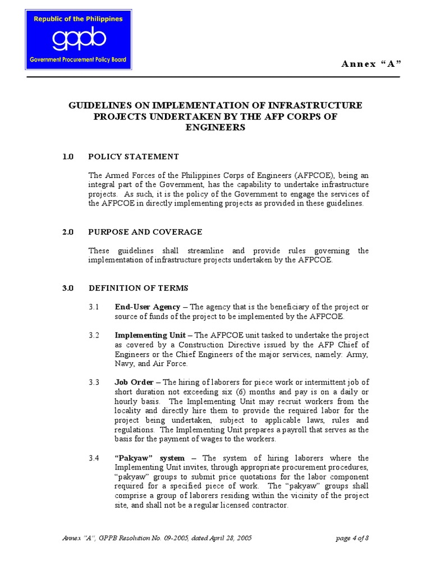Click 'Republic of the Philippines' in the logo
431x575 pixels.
tap(79, 19)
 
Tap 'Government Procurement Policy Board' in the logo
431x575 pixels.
tap(79, 60)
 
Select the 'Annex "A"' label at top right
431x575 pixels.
tap(372, 63)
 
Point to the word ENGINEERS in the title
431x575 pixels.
tap(215, 127)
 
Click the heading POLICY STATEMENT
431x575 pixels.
tap(134, 157)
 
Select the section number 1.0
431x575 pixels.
tap(68, 157)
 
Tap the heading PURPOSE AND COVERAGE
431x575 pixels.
tap(145, 232)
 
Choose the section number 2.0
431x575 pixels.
tap(68, 232)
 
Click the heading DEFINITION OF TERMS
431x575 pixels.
tap(139, 288)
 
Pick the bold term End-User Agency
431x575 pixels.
tap(148, 307)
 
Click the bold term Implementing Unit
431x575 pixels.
tap(150, 335)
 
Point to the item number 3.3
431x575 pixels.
tap(94, 382)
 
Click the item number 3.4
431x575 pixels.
tap(94, 458)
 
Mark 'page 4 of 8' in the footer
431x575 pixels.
tap(352, 538)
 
